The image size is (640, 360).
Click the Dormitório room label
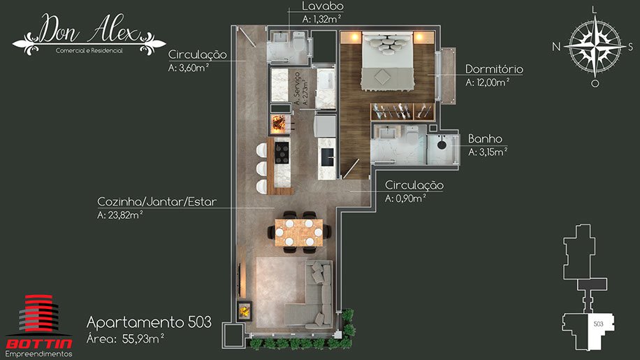(494, 69)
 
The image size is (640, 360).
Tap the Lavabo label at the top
(323, 6)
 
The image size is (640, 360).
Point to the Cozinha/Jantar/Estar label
(157, 201)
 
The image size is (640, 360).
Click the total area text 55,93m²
(143, 338)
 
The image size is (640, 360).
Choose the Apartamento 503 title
(149, 322)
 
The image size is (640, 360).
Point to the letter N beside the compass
(556, 47)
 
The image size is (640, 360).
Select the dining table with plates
(299, 233)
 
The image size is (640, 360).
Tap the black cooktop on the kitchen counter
(282, 152)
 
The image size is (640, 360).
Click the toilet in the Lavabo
(299, 42)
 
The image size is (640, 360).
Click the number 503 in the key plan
(598, 324)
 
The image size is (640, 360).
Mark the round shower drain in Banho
(442, 145)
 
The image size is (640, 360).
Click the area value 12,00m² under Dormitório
(487, 82)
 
